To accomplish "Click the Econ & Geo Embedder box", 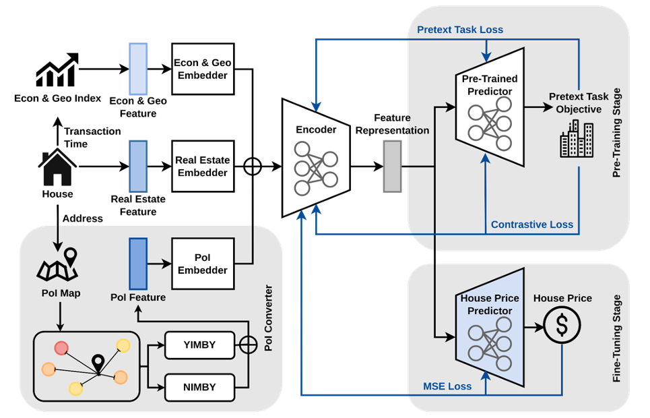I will coord(203,70).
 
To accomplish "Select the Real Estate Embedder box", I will coord(203,167).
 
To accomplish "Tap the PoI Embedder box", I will coord(203,264).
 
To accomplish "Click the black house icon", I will coord(58,168).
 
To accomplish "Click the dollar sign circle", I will coord(562,326).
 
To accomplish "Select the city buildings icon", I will coord(577,140).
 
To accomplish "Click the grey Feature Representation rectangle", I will coord(392,166).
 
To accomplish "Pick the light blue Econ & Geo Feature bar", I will coord(137,69).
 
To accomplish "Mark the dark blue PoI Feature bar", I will coord(137,263).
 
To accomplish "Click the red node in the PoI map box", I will coord(61,348).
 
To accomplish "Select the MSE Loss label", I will coord(447,386).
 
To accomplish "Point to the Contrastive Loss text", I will coord(532,225).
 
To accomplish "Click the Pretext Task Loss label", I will coord(460,30).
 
